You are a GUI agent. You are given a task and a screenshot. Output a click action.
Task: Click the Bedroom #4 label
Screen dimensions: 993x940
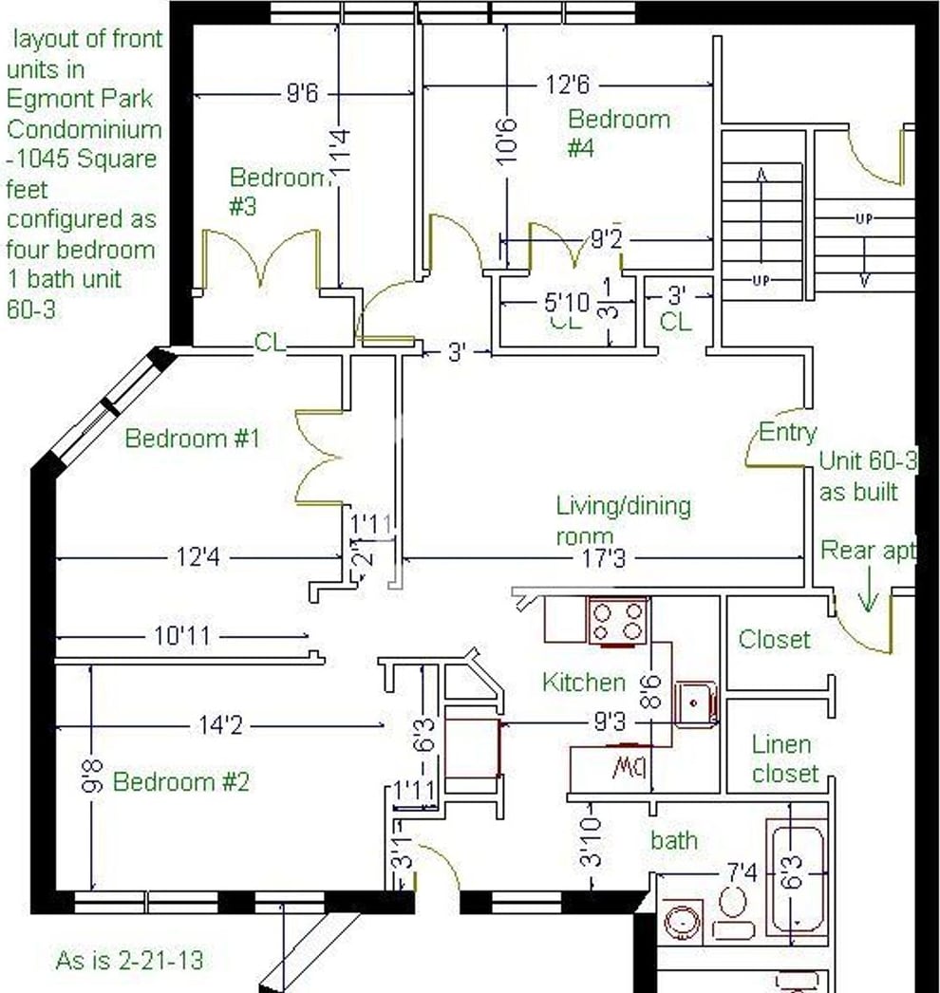point(618,133)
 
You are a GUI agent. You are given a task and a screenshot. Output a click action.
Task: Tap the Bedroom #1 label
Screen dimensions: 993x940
point(192,439)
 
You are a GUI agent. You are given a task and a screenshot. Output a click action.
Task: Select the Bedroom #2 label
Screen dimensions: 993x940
point(180,782)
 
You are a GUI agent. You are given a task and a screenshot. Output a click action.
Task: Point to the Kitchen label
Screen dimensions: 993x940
point(583,682)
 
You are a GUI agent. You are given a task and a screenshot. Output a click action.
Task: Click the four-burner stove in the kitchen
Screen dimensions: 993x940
point(618,621)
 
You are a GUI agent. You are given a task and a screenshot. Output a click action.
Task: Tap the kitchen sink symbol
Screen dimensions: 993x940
point(695,703)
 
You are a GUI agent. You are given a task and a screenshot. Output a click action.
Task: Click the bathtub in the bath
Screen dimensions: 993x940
point(796,879)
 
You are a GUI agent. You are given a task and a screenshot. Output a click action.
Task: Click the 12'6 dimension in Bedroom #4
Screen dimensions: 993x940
point(567,85)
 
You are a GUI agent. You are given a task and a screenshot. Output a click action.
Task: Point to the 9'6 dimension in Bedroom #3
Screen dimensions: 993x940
point(301,93)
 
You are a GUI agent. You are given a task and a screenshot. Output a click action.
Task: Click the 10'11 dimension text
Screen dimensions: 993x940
point(182,636)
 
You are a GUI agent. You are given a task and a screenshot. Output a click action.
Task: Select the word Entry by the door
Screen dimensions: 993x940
point(787,433)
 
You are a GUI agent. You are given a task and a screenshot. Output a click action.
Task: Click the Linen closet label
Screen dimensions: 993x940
point(784,759)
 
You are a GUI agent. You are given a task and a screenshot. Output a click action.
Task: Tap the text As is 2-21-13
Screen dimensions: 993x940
point(129,960)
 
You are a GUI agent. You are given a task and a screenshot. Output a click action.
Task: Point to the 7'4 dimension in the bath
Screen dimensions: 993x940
point(742,871)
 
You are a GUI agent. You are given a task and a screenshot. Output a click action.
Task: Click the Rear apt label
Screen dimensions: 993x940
point(868,550)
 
